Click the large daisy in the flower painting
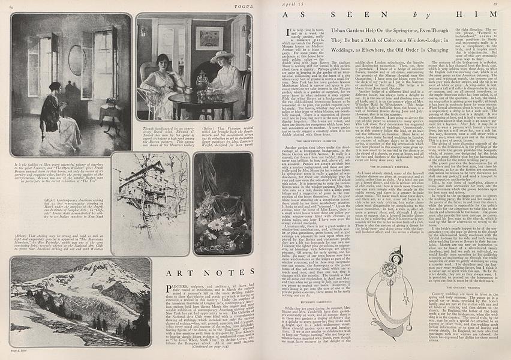tap(214, 226)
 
